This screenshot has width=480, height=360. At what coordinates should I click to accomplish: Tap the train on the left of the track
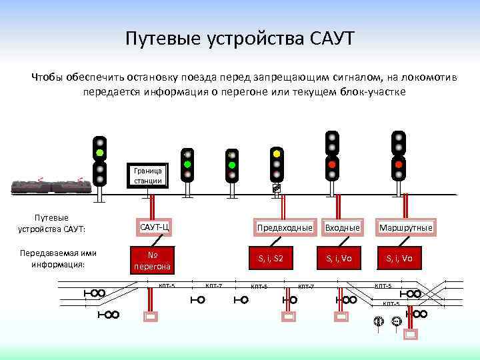click(51, 186)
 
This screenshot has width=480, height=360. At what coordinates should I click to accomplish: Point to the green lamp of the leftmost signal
click(99, 153)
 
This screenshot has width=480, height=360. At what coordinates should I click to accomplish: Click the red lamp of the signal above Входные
click(332, 163)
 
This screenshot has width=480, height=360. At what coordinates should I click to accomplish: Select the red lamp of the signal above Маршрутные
click(399, 163)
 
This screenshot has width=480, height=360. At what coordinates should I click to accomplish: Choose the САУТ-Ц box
click(154, 228)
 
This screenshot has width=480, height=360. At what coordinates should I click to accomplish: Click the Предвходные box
click(285, 228)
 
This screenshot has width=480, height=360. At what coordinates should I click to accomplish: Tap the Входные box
click(342, 228)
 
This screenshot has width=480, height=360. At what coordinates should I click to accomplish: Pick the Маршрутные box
click(405, 228)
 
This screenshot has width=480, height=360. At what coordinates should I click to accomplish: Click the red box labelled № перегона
click(153, 260)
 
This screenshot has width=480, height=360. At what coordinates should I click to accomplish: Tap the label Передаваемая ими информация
click(57, 259)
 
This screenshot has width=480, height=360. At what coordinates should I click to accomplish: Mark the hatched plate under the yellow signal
click(277, 189)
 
